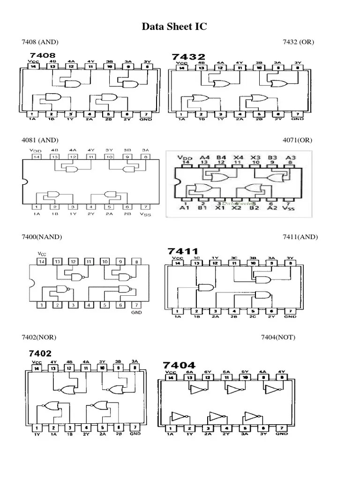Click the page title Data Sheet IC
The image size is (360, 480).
point(174,28)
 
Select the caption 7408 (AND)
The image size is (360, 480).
point(40,43)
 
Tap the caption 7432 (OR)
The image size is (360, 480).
point(298,43)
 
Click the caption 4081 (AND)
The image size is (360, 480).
point(40,140)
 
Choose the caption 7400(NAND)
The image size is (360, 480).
point(41,237)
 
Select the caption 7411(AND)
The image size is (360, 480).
point(300,237)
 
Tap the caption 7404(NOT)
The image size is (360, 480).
point(278,337)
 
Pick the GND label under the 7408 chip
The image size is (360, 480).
point(146,120)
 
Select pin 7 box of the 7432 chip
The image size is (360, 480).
point(297,114)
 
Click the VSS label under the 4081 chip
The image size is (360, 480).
point(146,214)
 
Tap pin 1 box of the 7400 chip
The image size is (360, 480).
point(42,305)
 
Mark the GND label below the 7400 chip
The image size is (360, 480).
point(136,312)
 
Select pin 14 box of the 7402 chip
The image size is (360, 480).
point(37,368)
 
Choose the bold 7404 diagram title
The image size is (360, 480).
point(179,365)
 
